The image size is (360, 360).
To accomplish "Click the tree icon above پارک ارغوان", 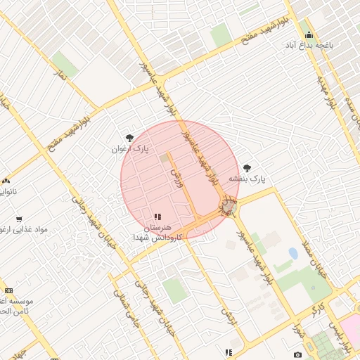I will [x=129, y=139].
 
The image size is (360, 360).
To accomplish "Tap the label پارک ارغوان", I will [x=131, y=150].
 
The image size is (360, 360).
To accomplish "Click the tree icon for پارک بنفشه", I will [x=247, y=168].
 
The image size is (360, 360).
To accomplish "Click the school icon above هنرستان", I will [x=157, y=217].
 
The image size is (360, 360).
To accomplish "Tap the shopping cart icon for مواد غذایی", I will [x=19, y=219].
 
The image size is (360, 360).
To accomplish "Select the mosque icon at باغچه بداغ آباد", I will [x=308, y=34].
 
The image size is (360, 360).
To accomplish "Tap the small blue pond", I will [x=292, y=253].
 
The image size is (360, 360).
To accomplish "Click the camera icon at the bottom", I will [x=297, y=354].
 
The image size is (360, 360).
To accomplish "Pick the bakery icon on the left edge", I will [x=6, y=181].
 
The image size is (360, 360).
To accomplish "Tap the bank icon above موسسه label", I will [x=8, y=290].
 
